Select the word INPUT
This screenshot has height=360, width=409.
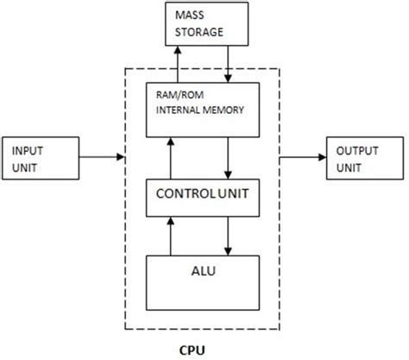pyautogui.click(x=27, y=149)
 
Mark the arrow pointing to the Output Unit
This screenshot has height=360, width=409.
pyautogui.click(x=303, y=158)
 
